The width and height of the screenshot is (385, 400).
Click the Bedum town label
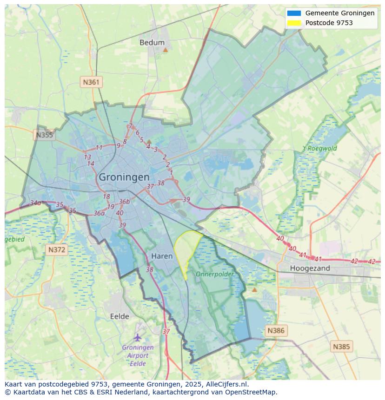(x=152, y=43)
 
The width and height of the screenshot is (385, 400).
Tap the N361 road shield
(x=91, y=82)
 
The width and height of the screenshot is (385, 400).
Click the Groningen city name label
(x=124, y=177)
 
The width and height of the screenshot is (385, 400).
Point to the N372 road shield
(x=57, y=249)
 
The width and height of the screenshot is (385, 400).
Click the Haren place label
(x=162, y=256)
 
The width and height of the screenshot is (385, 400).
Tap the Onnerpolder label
(x=214, y=274)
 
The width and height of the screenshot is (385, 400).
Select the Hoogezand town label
(x=310, y=268)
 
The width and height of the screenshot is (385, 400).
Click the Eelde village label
(x=119, y=316)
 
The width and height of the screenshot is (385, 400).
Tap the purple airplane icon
(x=137, y=337)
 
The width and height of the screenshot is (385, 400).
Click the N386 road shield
(x=275, y=331)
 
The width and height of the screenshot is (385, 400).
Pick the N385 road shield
(x=342, y=346)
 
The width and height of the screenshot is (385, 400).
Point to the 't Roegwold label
(x=319, y=149)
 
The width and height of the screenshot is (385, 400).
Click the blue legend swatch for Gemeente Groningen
(x=294, y=13)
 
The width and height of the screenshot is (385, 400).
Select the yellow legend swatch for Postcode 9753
(x=294, y=23)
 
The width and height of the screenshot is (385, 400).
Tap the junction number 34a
(x=35, y=203)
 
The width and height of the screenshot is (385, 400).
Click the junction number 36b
(x=124, y=202)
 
